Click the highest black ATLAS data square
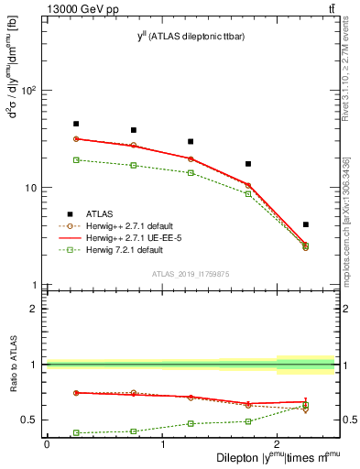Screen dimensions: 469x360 [76, 124]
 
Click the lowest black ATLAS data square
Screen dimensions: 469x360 [306, 224]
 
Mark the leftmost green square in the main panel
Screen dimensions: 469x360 [76, 159]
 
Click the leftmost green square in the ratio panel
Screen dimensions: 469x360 [76, 432]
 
